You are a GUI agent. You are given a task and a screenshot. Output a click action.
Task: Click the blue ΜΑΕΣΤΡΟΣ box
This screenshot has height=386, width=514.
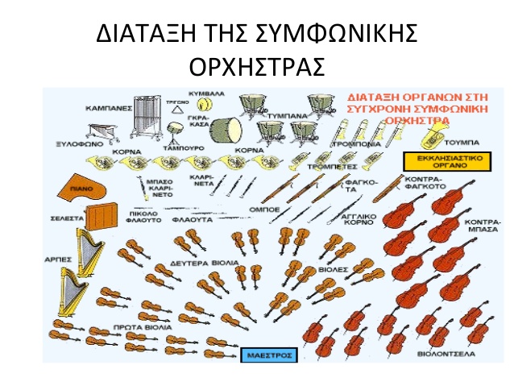pos(269,354)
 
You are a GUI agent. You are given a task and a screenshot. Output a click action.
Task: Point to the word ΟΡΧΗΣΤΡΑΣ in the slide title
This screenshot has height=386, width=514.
pos(255,64)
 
